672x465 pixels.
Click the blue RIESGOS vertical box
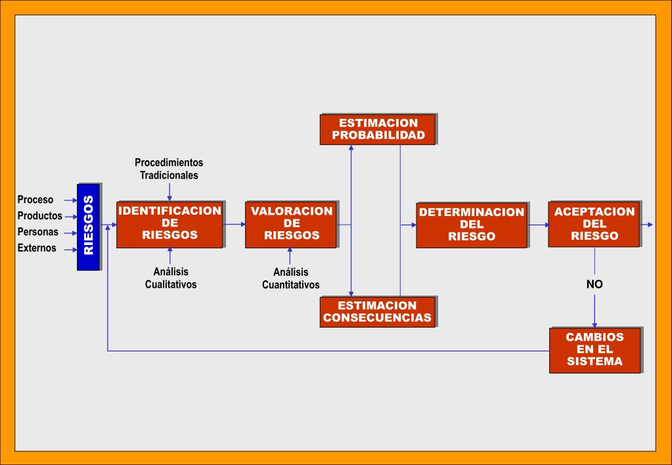(x=88, y=227)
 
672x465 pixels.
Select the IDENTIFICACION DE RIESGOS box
(x=169, y=225)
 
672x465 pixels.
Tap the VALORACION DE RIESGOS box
(x=291, y=225)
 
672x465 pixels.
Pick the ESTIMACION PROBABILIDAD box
(x=378, y=129)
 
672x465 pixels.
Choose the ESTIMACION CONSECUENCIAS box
(x=378, y=312)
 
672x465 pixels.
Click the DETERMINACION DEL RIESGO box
(x=472, y=225)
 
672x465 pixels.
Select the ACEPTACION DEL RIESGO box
(x=594, y=224)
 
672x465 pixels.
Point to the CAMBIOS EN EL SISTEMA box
(x=595, y=350)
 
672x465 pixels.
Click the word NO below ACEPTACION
(x=594, y=284)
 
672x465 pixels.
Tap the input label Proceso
(x=35, y=200)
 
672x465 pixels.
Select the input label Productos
(x=40, y=215)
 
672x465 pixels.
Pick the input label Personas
(x=37, y=232)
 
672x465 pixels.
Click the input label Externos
(x=37, y=248)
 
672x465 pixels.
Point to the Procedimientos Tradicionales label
(x=169, y=169)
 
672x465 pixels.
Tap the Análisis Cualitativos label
(x=171, y=278)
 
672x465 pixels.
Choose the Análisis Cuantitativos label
(x=290, y=278)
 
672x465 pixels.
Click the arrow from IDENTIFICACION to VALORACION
(x=234, y=224)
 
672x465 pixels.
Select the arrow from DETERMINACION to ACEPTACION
(x=538, y=225)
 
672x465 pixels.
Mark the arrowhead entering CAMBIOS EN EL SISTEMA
(x=594, y=325)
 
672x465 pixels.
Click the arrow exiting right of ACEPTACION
(x=647, y=225)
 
